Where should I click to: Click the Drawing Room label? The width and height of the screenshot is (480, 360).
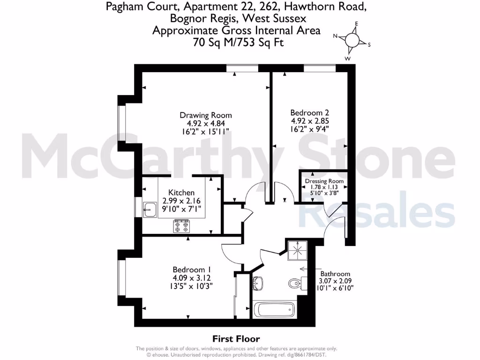tap(206, 115)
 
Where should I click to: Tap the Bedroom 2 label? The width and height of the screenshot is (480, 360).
tap(309, 112)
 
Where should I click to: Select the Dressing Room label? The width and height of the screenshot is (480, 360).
tap(324, 181)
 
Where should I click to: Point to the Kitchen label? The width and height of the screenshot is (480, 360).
tap(181, 193)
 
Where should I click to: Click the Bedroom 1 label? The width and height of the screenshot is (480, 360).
tap(192, 270)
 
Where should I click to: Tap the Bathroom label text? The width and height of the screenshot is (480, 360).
tap(335, 274)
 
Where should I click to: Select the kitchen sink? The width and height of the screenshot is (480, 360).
tap(150, 210)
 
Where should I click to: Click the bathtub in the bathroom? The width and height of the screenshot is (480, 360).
tap(273, 310)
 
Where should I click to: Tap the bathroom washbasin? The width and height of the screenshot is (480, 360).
tap(258, 283)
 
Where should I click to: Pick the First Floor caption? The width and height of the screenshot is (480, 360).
tap(236, 339)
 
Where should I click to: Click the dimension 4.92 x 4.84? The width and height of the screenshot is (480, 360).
tap(206, 124)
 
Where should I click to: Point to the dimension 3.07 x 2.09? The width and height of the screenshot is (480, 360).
tap(335, 281)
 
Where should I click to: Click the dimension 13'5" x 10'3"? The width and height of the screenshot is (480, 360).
tap(192, 287)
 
